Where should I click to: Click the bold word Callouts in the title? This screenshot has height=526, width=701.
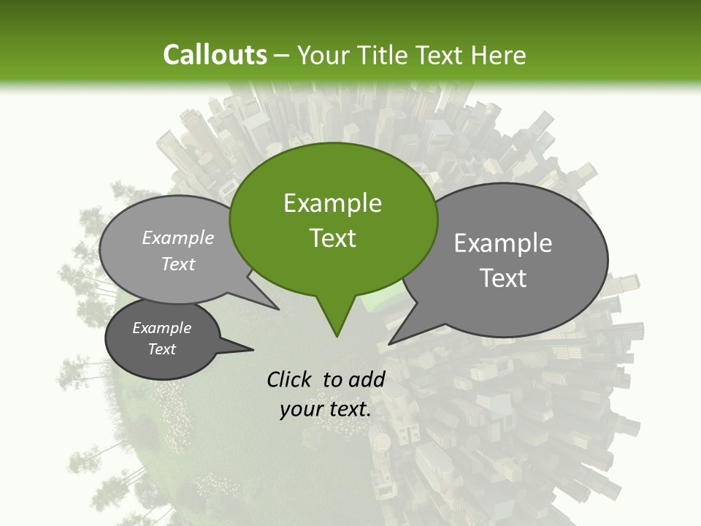pyautogui.click(x=215, y=55)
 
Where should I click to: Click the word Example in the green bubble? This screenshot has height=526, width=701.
pyautogui.click(x=332, y=203)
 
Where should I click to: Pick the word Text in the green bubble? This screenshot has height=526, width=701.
pyautogui.click(x=332, y=238)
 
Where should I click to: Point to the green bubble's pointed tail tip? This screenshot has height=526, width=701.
pyautogui.click(x=337, y=336)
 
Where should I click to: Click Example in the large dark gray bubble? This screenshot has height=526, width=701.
pyautogui.click(x=503, y=243)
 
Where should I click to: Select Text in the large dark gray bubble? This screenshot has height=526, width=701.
pyautogui.click(x=503, y=278)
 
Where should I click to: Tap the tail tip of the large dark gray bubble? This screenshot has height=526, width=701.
pyautogui.click(x=389, y=343)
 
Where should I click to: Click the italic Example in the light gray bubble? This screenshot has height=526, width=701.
pyautogui.click(x=178, y=237)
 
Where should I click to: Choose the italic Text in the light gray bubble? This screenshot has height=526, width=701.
pyautogui.click(x=178, y=264)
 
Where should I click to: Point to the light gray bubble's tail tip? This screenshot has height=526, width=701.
pyautogui.click(x=278, y=309)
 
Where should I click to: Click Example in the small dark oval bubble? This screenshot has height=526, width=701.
pyautogui.click(x=161, y=328)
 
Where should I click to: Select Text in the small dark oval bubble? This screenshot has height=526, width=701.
pyautogui.click(x=161, y=349)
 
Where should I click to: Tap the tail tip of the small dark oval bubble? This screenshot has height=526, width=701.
pyautogui.click(x=253, y=349)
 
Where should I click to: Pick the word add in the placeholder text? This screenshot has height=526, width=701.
pyautogui.click(x=367, y=379)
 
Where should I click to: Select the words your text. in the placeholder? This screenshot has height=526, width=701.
pyautogui.click(x=326, y=409)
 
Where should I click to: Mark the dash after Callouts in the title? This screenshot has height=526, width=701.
pyautogui.click(x=283, y=55)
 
